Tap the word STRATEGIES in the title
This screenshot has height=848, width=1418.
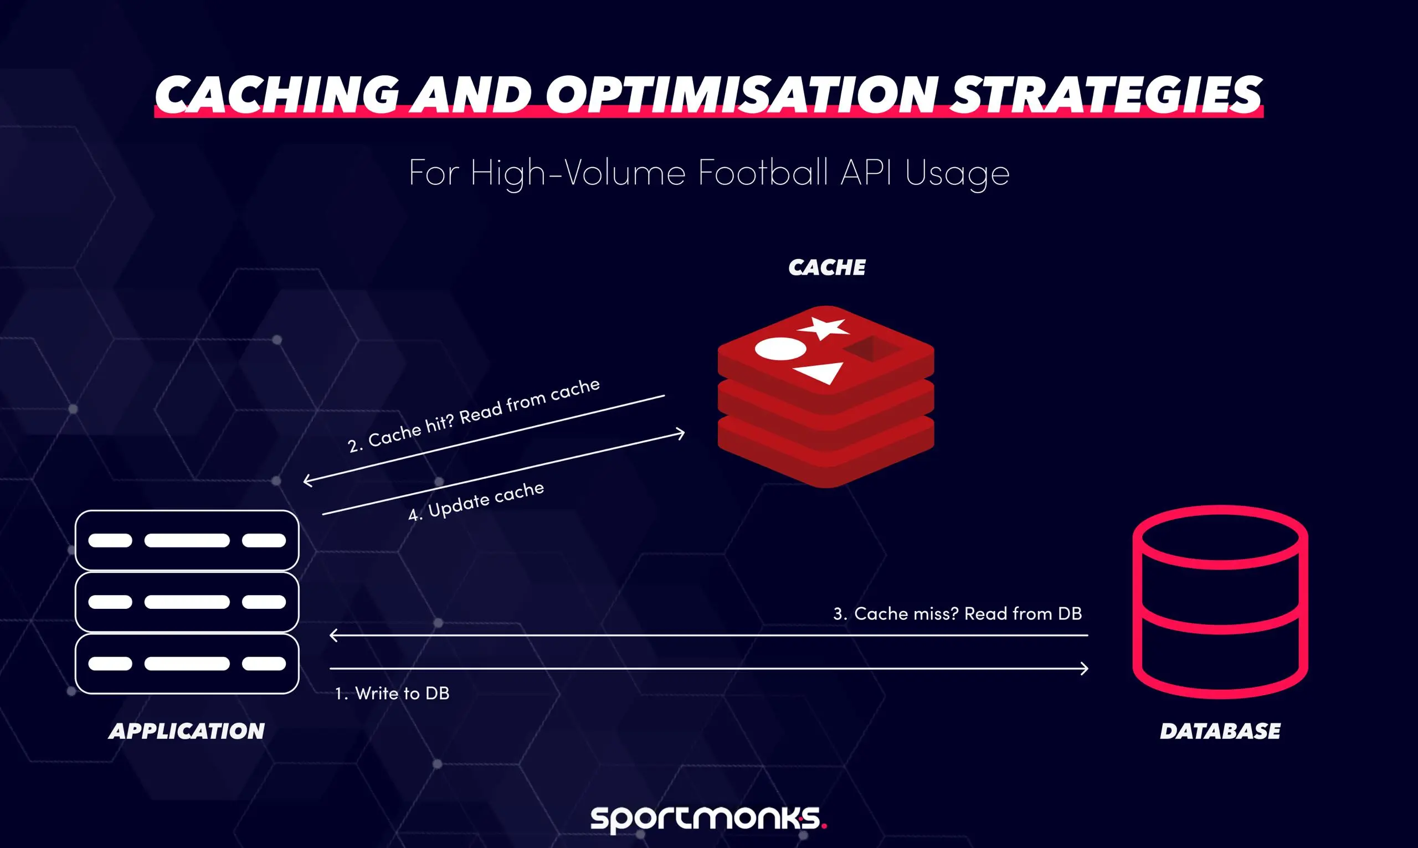(1106, 94)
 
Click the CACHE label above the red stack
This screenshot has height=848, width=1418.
(827, 267)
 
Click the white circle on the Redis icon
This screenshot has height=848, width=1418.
(780, 349)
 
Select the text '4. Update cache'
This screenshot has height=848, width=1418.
(476, 501)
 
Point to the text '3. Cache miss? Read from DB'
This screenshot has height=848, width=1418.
(957, 614)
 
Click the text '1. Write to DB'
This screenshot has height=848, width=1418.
(392, 693)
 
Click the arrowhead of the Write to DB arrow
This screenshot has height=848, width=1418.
(1084, 669)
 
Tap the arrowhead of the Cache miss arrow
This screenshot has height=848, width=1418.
(334, 635)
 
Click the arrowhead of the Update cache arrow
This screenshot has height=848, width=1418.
(680, 434)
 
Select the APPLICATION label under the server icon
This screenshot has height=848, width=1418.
(187, 731)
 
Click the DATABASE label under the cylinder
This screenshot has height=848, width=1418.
(1220, 731)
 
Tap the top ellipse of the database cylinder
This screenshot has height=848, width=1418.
(1220, 537)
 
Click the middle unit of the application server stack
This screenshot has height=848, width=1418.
(187, 602)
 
